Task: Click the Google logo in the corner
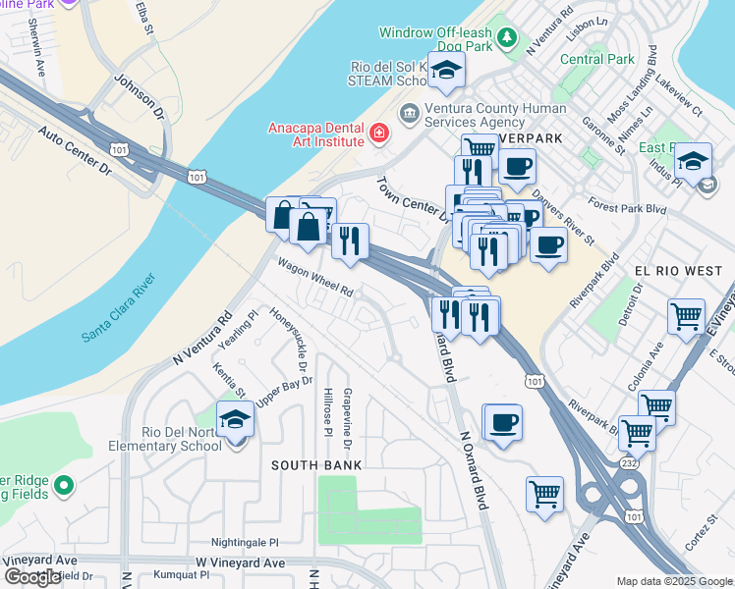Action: (33, 577)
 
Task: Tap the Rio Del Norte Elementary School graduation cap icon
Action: (236, 421)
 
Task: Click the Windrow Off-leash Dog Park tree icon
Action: (507, 38)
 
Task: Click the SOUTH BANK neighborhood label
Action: (317, 464)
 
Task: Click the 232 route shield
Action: (630, 461)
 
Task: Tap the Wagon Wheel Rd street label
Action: (314, 278)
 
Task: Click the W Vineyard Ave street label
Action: (240, 562)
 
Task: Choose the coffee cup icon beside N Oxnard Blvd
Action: (504, 422)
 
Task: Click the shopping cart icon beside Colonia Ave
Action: (685, 317)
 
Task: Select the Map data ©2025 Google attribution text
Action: (673, 581)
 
